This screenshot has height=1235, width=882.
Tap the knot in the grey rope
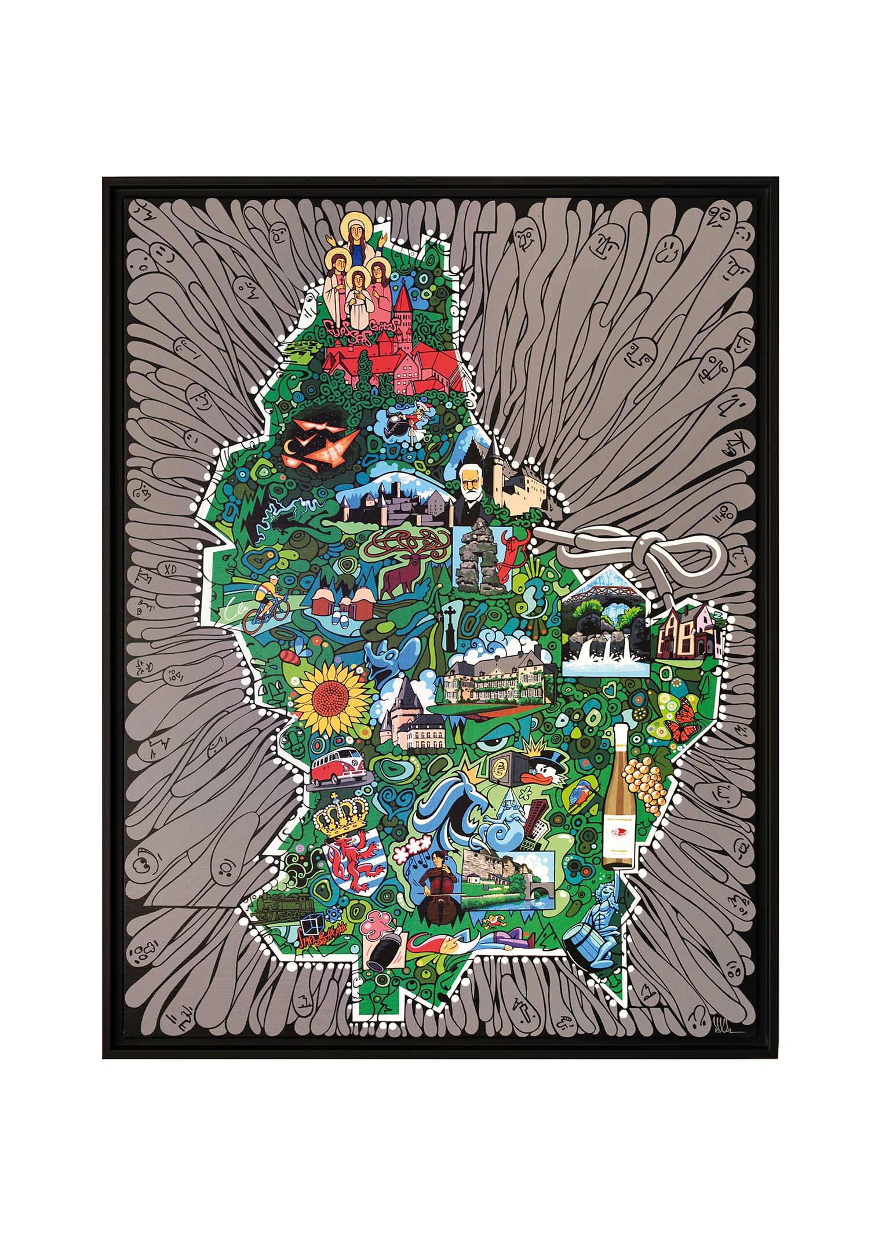click(654, 548)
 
